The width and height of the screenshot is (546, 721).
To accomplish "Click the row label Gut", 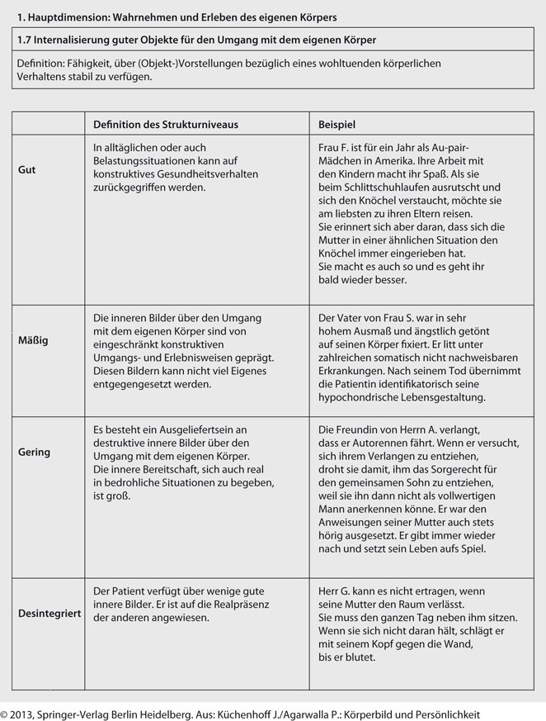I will click(26, 169).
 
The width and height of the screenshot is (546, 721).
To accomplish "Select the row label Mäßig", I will click(33, 340).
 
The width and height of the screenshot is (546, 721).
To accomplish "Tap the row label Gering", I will click(34, 452).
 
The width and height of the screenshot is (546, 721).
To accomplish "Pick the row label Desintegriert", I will click(49, 614).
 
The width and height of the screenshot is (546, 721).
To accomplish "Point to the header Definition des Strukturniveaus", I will click(165, 124).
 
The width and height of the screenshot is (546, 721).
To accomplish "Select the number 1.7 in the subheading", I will click(24, 40).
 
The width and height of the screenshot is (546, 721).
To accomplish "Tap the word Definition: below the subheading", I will click(41, 64).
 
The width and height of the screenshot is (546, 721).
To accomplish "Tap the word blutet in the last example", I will click(360, 657).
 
